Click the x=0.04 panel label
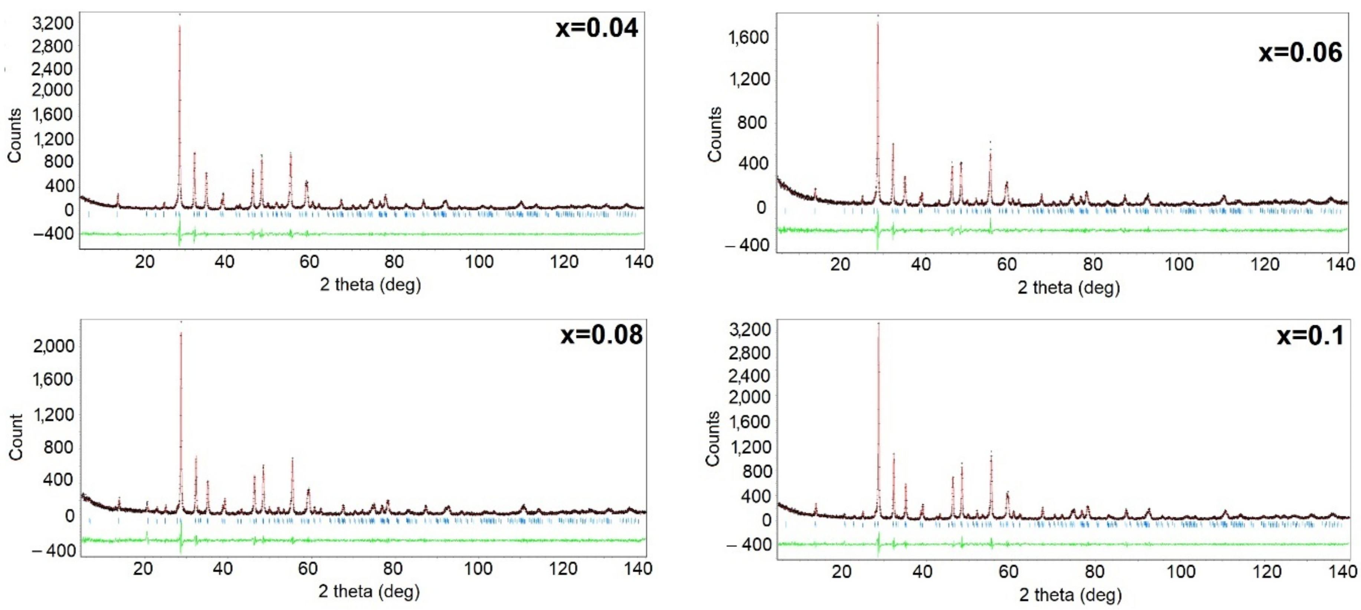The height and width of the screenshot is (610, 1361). tap(597, 28)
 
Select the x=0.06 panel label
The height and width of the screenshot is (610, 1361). tap(1300, 52)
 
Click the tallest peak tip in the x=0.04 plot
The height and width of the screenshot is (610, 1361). tap(180, 25)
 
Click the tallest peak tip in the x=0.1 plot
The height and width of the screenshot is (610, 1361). tap(879, 323)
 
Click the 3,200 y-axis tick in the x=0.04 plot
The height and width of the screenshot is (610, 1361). tap(53, 23)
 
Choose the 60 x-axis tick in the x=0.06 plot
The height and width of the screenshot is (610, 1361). tap(1007, 264)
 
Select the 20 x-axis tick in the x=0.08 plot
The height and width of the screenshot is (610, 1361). tap(142, 569)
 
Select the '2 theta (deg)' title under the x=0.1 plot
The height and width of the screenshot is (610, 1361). tap(1070, 595)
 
